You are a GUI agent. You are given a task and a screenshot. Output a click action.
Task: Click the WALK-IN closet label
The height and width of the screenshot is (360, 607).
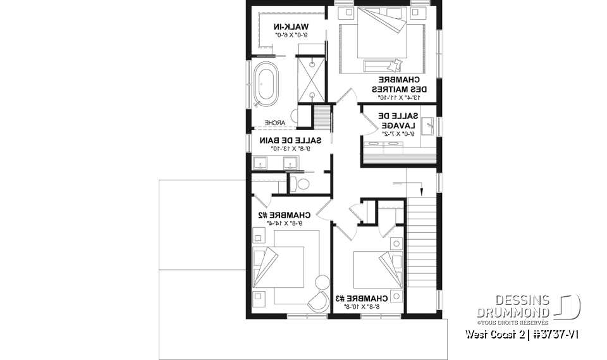point(291,27)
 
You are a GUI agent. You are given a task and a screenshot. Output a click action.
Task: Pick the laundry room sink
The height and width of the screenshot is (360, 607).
point(427,126)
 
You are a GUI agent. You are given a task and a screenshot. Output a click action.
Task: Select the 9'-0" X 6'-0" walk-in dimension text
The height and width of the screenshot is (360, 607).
point(291,36)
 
